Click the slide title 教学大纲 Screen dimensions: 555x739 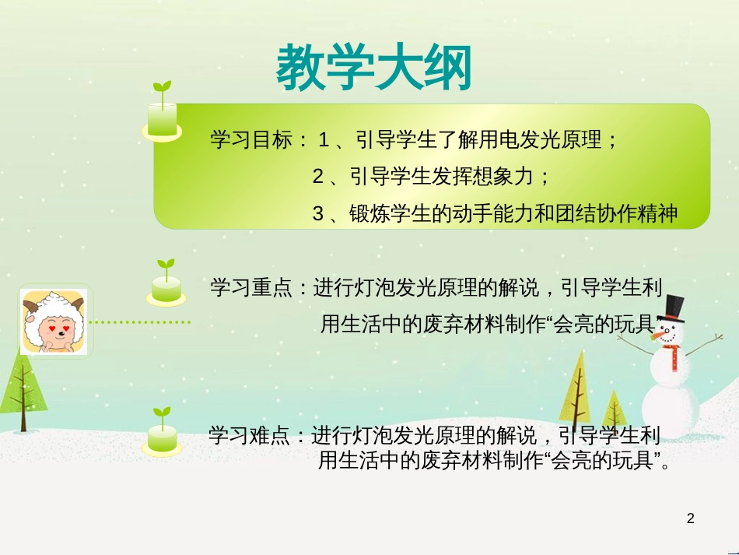coord(373,67)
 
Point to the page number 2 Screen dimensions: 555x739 coord(690,518)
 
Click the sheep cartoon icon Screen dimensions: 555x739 coord(54,321)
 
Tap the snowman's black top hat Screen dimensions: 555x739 coord(674,309)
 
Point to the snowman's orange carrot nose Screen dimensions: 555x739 coord(659,335)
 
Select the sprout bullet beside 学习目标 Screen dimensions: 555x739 coord(162,114)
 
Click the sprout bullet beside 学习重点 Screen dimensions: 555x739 coord(165,283)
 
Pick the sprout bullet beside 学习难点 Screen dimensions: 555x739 coord(163,433)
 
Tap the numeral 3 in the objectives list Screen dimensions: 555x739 coord(317,214)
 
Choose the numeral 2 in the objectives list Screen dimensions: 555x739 coord(317,177)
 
